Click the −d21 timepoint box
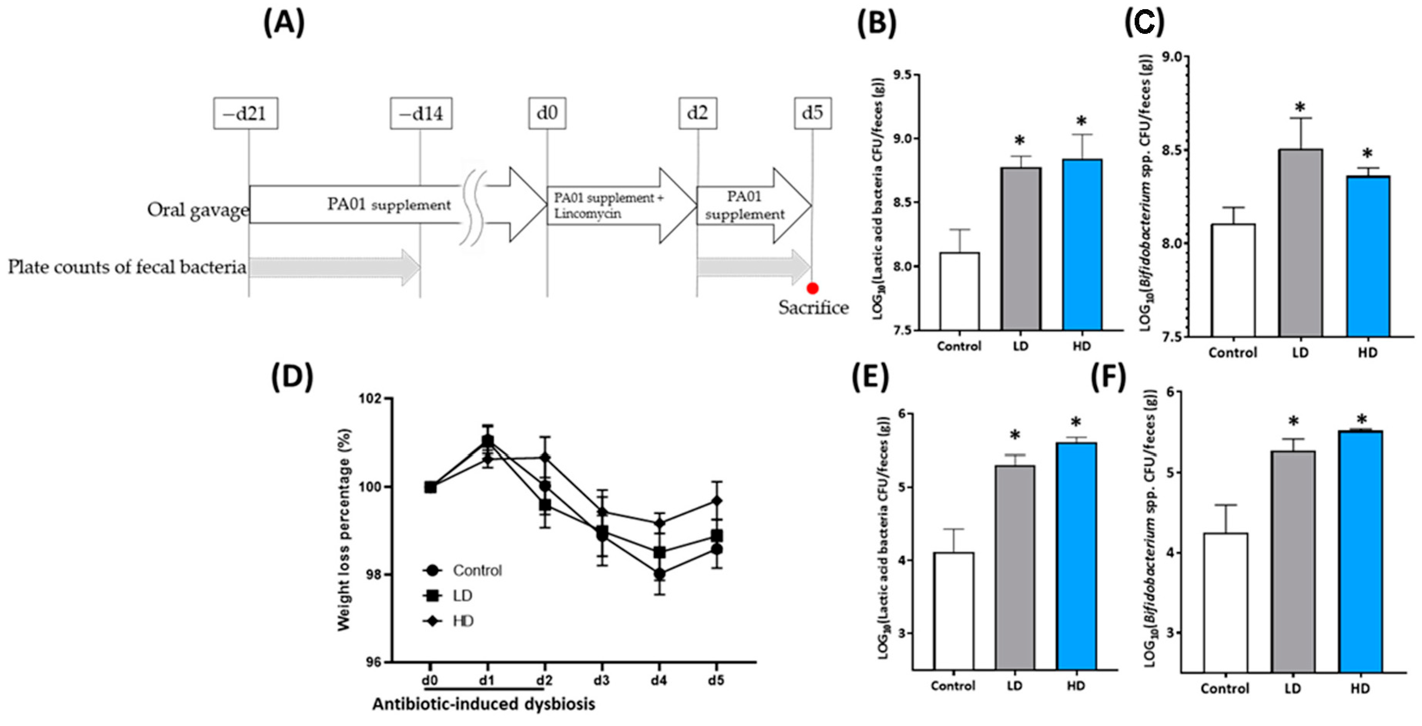(246, 113)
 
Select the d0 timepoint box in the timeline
(547, 113)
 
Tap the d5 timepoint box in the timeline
(812, 113)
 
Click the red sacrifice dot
(812, 288)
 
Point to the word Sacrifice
(813, 307)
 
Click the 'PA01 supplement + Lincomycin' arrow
(618, 205)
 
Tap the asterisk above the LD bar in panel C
(1300, 108)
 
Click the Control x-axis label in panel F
(1224, 689)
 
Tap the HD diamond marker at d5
(717, 501)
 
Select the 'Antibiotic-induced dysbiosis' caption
(484, 704)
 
